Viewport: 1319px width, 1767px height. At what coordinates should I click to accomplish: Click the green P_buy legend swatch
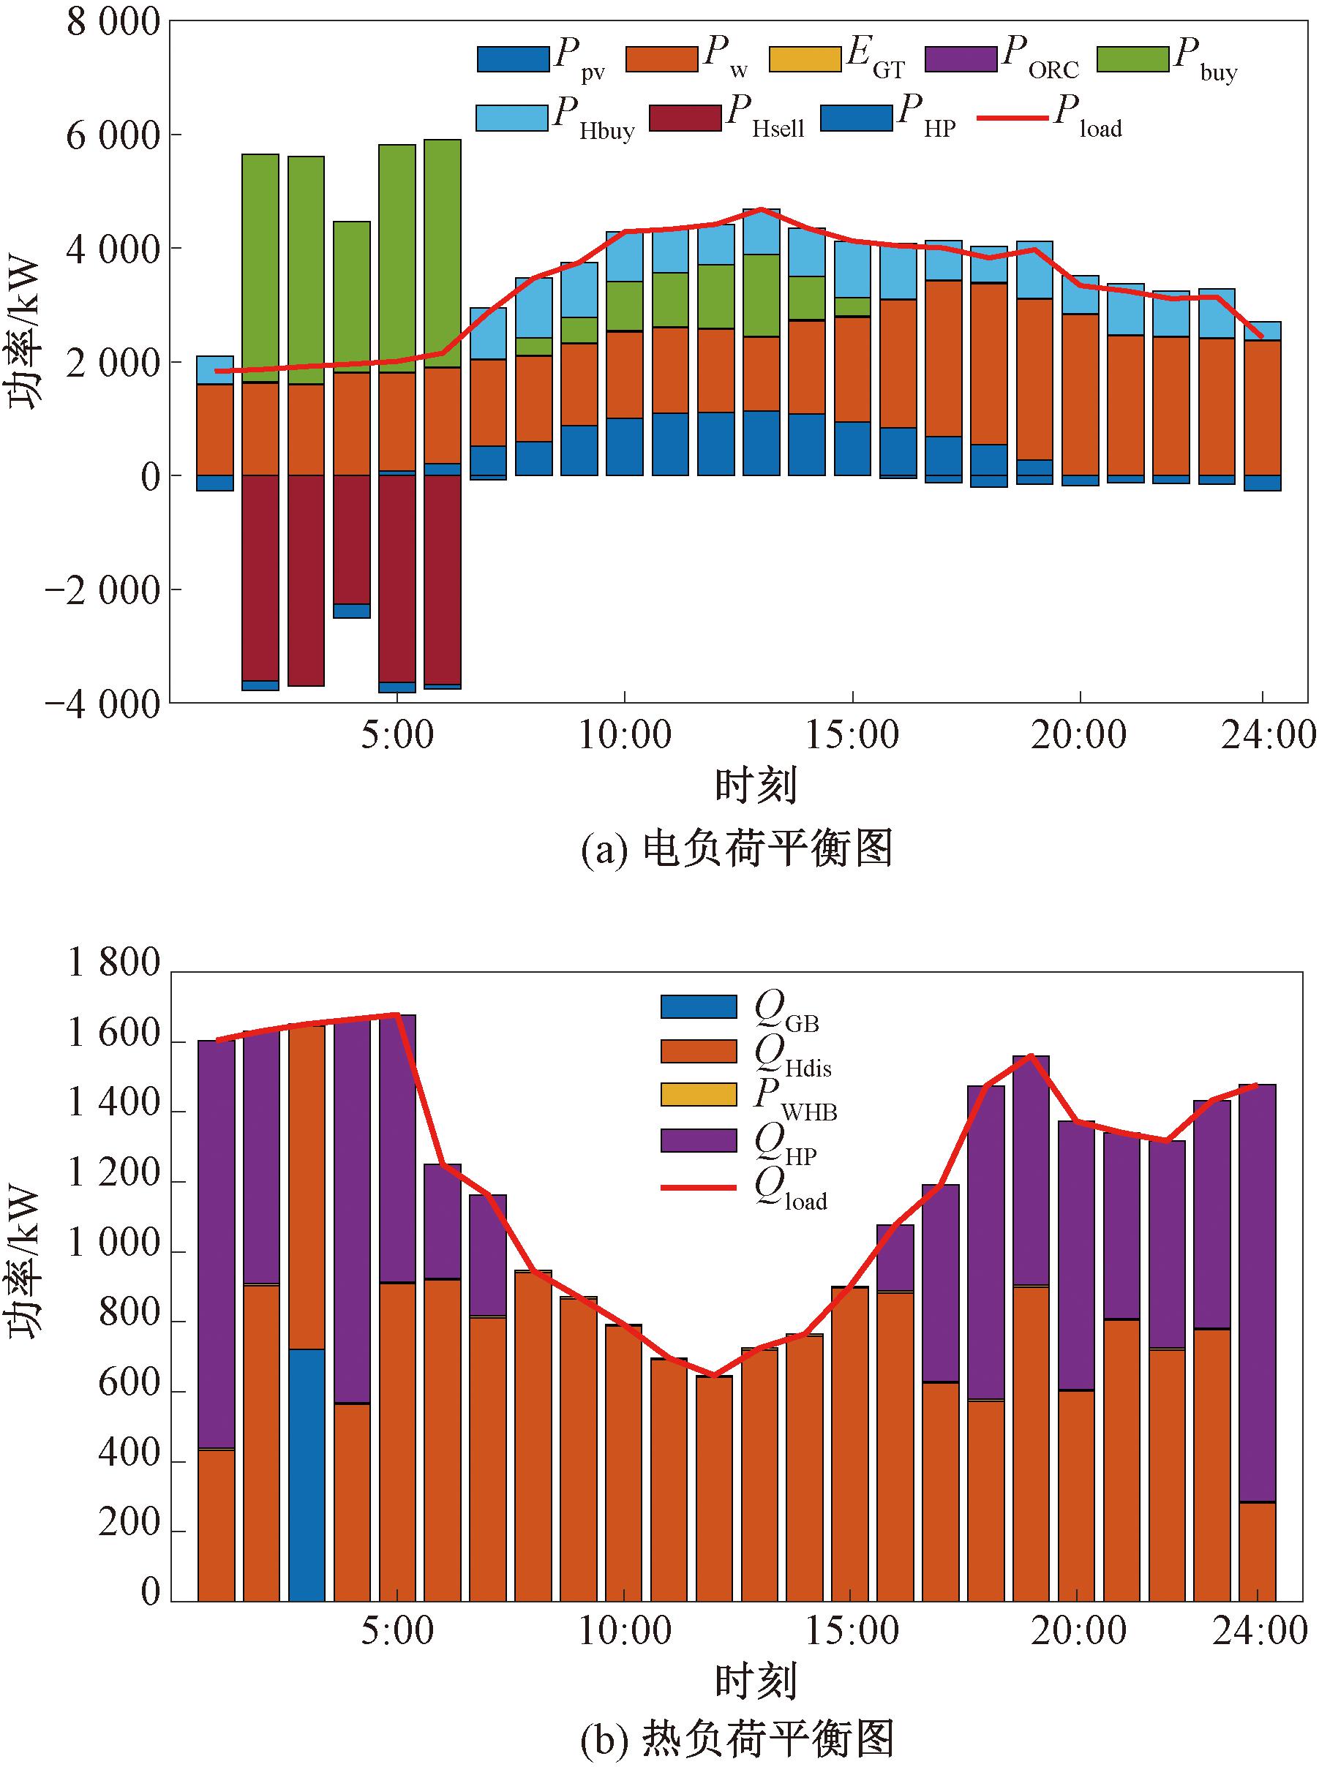tap(1132, 60)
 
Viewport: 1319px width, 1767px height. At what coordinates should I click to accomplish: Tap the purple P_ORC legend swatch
tap(961, 60)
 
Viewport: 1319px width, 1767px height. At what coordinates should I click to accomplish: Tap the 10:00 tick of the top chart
tap(624, 735)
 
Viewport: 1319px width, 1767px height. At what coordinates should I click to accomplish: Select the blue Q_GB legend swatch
tap(698, 1007)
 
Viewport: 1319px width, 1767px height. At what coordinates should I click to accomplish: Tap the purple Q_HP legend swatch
tap(698, 1140)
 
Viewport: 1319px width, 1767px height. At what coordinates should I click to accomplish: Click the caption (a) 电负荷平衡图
tap(736, 848)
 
